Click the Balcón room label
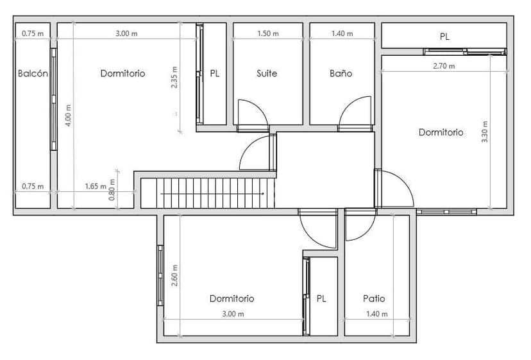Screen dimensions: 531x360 [x=33, y=74]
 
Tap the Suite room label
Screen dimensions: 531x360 [x=267, y=74]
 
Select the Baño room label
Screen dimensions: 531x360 [x=341, y=74]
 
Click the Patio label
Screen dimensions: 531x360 [x=374, y=298]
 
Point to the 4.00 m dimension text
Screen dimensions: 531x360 [x=69, y=116]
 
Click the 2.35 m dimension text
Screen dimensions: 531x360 [x=174, y=77]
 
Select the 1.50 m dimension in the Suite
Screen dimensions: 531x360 [x=268, y=33]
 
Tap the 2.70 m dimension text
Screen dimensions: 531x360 [x=444, y=66]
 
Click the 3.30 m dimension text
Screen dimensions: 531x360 [x=485, y=132]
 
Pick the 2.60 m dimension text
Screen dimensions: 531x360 [x=174, y=275]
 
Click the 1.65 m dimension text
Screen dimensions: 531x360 [x=96, y=187]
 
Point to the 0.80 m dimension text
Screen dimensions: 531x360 [x=112, y=190]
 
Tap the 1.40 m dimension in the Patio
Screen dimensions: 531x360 [x=377, y=314]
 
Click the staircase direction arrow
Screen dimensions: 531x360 [x=212, y=194]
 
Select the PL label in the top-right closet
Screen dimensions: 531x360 [x=444, y=37]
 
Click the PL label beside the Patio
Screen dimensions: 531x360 [x=321, y=298]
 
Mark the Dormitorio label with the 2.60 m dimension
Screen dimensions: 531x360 [x=232, y=298]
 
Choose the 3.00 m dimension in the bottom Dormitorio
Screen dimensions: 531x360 [x=233, y=314]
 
